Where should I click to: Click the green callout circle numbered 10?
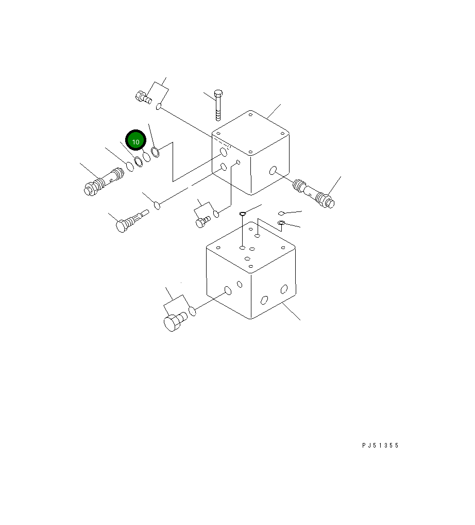tap(136, 140)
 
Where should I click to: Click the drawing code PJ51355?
tap(380, 445)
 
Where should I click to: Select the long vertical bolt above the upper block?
tap(218, 105)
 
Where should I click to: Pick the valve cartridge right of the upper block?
tap(313, 193)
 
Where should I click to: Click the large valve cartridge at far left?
tap(104, 182)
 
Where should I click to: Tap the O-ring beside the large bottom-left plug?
tap(192, 310)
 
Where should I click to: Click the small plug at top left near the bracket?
tap(144, 97)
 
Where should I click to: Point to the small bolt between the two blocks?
tap(203, 222)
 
